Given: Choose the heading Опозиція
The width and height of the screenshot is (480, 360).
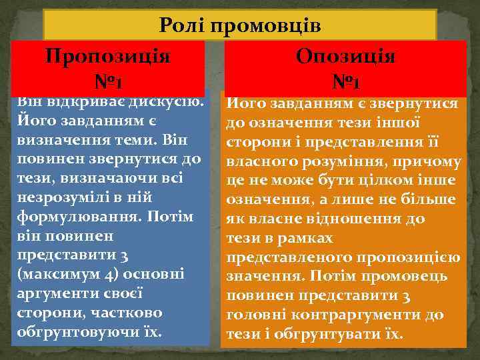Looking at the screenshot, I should click(347, 55).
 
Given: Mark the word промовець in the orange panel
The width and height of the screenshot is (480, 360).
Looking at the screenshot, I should click(409, 275).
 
